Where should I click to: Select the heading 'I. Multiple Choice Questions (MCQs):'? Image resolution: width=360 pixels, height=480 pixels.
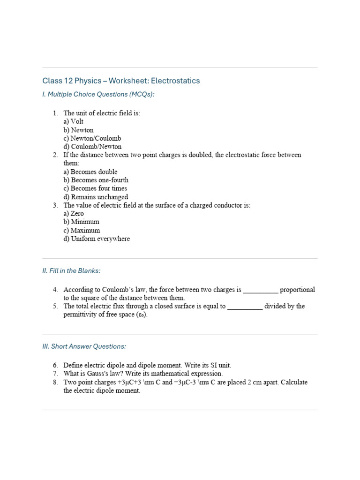pyautogui.click(x=98, y=94)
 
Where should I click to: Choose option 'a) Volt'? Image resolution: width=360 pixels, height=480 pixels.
pyautogui.click(x=74, y=121)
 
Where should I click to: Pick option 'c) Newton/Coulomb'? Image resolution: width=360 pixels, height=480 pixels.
pyautogui.click(x=92, y=138)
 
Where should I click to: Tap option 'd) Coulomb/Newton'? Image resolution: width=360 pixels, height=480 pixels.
pyautogui.click(x=92, y=147)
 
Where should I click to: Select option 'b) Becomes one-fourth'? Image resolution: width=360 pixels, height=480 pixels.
pyautogui.click(x=96, y=180)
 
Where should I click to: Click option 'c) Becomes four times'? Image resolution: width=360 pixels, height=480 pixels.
pyautogui.click(x=95, y=188)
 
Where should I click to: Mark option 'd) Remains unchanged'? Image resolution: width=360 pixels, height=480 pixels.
pyautogui.click(x=96, y=197)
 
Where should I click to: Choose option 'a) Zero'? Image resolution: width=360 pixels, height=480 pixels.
pyautogui.click(x=74, y=213)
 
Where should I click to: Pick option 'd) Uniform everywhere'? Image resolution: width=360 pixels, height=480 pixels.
pyautogui.click(x=97, y=239)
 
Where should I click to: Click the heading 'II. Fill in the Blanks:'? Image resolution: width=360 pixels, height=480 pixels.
pyautogui.click(x=71, y=270)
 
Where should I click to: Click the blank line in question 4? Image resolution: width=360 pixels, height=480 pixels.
pyautogui.click(x=261, y=291)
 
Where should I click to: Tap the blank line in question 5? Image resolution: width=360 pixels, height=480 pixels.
pyautogui.click(x=245, y=307)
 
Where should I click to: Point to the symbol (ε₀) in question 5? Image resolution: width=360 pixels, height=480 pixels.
pyautogui.click(x=142, y=315)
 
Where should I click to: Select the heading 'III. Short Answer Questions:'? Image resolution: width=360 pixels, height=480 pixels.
pyautogui.click(x=84, y=346)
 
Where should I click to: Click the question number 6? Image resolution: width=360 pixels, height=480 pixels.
pyautogui.click(x=55, y=365)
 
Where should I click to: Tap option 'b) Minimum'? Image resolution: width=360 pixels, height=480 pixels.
pyautogui.click(x=81, y=222)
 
